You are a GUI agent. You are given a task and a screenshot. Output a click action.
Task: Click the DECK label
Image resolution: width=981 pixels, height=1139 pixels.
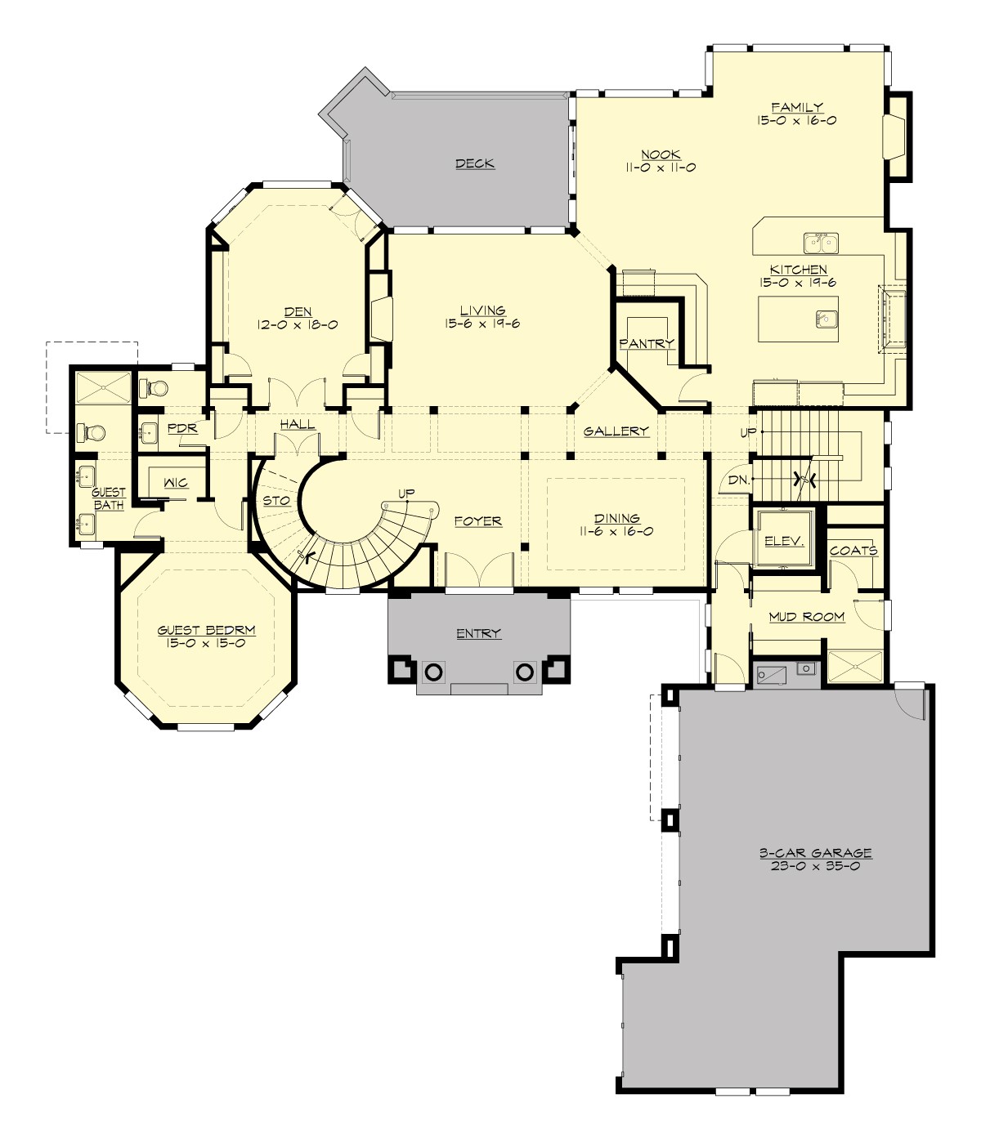(475, 163)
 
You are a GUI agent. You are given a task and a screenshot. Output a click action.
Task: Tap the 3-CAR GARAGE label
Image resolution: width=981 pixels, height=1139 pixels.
(815, 853)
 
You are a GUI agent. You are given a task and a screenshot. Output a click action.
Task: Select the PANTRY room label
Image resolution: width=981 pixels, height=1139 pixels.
(647, 343)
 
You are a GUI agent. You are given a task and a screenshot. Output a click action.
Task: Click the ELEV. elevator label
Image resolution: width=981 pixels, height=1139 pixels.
(784, 541)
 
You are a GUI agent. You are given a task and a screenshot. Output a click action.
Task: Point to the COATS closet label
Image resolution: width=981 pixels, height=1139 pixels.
(853, 550)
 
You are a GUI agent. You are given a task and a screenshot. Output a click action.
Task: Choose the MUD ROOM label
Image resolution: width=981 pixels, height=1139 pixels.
(806, 616)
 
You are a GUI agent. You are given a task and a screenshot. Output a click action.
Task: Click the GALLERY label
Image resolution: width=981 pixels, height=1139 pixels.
(616, 431)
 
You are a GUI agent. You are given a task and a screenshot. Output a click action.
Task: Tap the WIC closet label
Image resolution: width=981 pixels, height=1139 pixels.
(176, 483)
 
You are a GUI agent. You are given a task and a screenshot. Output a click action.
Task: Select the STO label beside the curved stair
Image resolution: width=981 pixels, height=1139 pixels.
(276, 500)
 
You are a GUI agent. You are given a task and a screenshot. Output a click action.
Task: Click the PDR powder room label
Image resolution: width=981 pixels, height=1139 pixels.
(182, 427)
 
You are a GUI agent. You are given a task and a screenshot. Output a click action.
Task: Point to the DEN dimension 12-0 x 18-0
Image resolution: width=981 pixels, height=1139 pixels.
(298, 324)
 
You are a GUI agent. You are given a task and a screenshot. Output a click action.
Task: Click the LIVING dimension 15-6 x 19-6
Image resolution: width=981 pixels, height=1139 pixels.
(482, 324)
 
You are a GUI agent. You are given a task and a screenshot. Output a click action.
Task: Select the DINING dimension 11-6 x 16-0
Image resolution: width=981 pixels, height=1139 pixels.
(617, 531)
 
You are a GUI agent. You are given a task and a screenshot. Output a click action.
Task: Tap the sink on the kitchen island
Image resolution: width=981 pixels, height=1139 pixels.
(826, 318)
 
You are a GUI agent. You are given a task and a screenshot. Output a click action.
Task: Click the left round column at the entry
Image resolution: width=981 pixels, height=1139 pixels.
(432, 672)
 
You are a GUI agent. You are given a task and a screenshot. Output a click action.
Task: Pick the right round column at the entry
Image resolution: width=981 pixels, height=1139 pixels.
(525, 672)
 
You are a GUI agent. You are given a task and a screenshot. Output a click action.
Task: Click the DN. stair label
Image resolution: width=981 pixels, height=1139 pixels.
(738, 480)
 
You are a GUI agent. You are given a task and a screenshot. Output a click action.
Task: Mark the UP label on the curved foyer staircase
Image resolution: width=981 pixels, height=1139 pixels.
(406, 493)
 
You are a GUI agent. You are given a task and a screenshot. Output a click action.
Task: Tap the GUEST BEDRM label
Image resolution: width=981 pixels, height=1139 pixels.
(206, 630)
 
